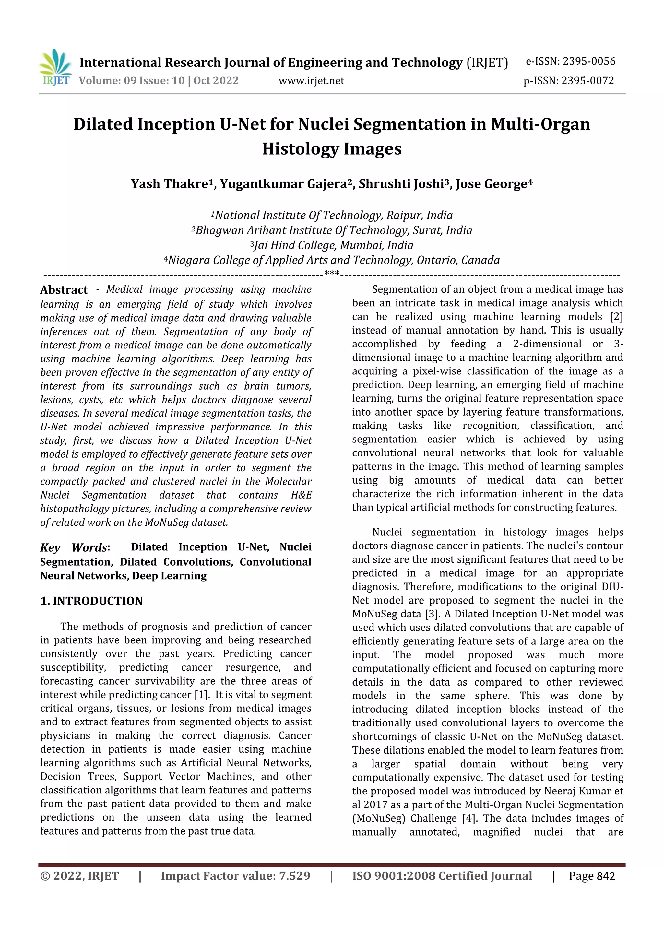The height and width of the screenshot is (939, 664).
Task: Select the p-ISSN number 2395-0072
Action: [587, 81]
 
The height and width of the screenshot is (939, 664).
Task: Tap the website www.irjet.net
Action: [311, 81]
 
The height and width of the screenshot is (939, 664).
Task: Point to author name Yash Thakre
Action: [169, 184]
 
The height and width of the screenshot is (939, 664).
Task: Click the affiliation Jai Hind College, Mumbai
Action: [332, 245]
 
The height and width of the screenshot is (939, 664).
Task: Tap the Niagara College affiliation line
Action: [332, 260]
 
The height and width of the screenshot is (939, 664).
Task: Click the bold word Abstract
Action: [64, 290]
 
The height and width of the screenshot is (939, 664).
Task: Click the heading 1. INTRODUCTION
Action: [92, 601]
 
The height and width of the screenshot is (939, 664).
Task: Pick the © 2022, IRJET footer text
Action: [79, 876]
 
